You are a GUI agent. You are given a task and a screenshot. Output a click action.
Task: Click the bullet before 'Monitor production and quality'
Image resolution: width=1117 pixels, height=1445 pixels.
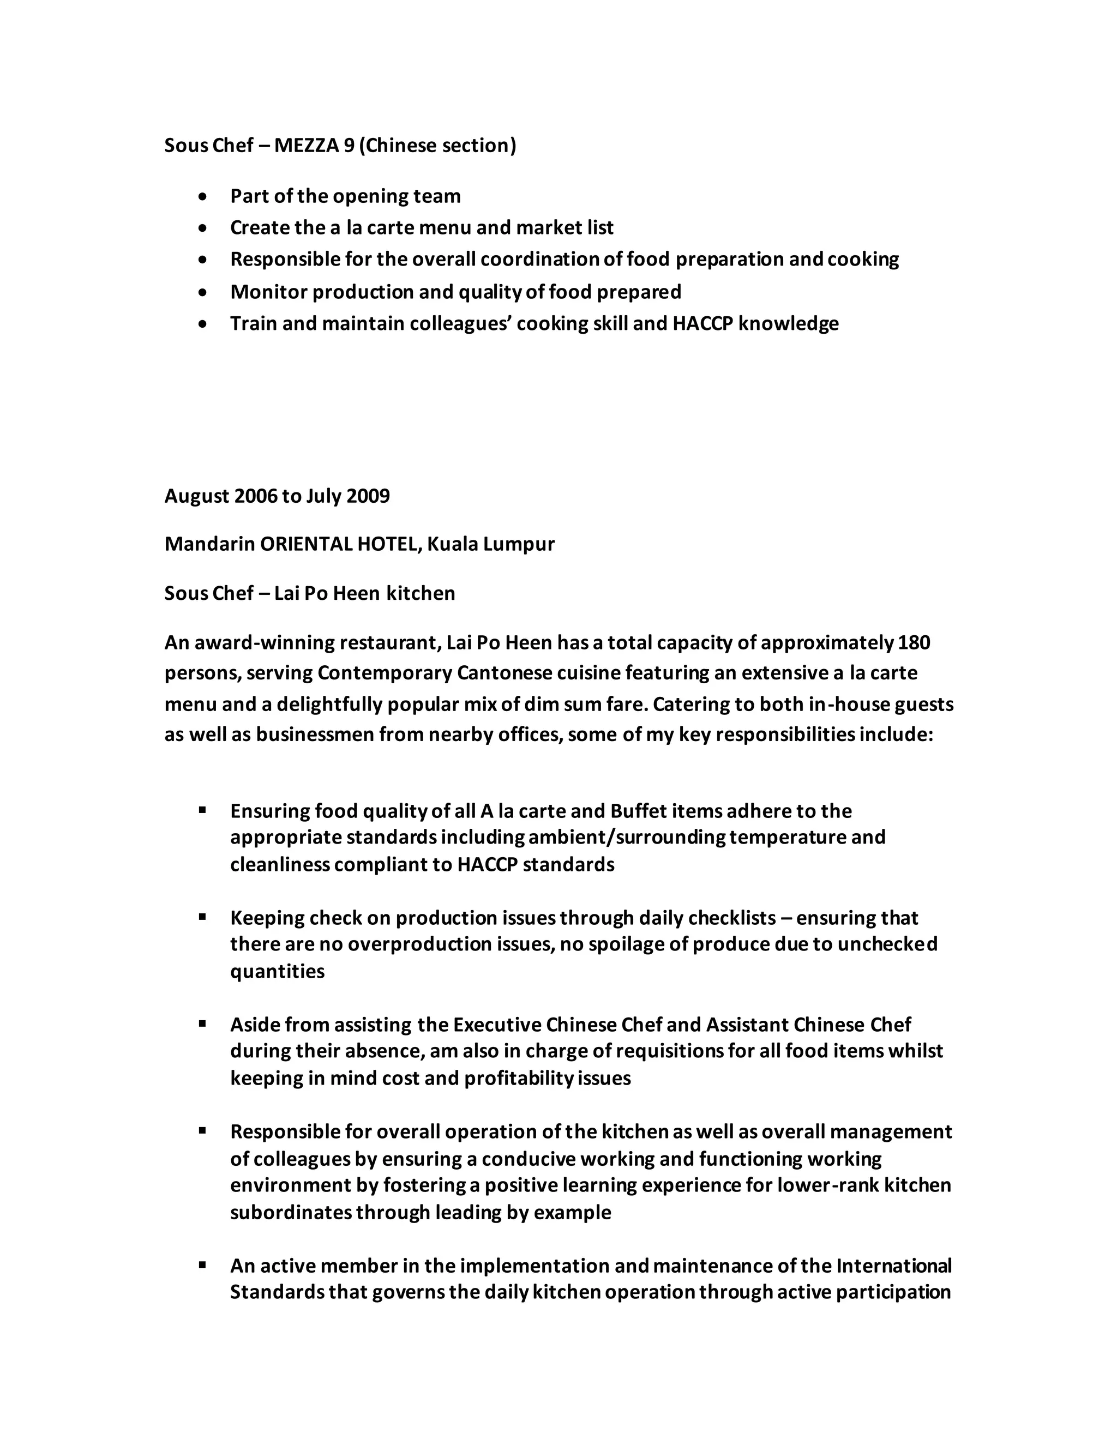coord(204,292)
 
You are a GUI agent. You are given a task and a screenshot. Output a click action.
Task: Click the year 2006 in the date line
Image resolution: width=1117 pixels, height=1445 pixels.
coord(255,496)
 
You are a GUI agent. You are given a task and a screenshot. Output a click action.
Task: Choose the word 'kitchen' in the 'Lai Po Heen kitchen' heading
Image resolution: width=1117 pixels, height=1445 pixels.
coord(421,593)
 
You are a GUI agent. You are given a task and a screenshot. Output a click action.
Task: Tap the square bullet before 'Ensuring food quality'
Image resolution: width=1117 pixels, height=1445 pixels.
coord(203,809)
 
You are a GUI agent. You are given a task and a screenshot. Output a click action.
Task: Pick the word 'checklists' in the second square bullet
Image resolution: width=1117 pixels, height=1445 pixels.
coord(731,918)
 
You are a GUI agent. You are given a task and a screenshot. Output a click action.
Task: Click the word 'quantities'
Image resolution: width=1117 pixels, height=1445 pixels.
coord(277,971)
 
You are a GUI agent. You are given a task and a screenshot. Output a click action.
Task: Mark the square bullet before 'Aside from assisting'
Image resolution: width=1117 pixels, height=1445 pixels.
coord(203,1023)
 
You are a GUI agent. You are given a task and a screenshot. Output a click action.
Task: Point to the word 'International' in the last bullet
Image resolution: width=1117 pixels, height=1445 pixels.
coord(893,1266)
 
